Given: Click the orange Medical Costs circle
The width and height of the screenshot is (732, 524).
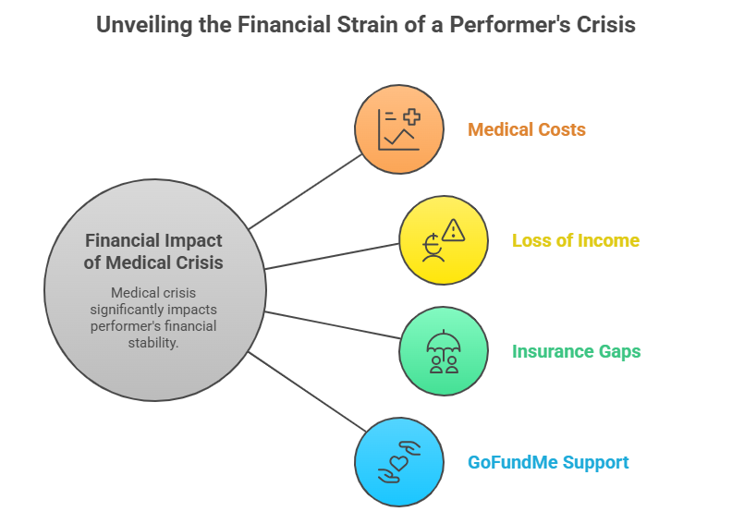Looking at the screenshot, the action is click(x=399, y=129).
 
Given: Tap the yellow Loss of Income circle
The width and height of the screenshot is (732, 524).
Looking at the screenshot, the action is click(x=444, y=240).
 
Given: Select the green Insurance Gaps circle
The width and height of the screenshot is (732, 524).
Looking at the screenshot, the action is click(x=444, y=351).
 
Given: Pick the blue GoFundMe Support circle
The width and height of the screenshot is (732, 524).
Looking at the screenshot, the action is click(x=399, y=462).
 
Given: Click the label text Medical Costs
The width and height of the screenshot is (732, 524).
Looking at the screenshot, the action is click(x=527, y=129).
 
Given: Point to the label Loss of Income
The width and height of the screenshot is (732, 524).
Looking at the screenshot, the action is click(x=576, y=240).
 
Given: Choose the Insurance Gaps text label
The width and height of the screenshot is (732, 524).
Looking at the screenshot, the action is click(x=577, y=351).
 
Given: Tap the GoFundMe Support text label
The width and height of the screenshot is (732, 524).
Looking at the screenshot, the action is click(x=548, y=462).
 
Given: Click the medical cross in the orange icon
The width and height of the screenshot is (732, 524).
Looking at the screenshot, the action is click(x=412, y=116).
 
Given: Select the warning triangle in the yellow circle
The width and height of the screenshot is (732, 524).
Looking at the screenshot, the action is click(x=453, y=230).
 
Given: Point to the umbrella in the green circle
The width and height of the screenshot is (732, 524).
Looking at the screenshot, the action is click(x=444, y=342).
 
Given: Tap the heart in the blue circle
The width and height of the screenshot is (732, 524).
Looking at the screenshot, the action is click(x=399, y=463).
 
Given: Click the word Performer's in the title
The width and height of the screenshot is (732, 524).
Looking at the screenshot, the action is click(x=510, y=25).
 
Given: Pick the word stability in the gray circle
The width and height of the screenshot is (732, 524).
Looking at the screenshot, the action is click(x=153, y=343).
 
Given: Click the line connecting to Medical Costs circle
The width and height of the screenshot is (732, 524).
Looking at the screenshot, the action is click(x=305, y=192).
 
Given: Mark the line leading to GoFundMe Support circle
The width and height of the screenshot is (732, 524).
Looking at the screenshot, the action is click(x=307, y=392).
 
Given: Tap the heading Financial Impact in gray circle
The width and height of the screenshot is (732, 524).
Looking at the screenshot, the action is click(x=153, y=241).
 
